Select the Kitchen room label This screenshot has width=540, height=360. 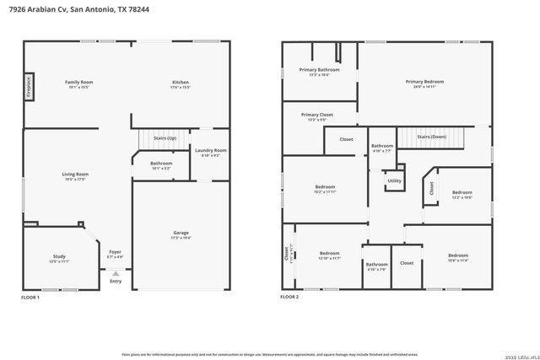coord(181,82)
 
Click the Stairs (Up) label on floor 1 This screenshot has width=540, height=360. coord(165,137)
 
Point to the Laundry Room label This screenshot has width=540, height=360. coord(210,151)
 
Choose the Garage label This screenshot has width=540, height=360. coord(181,235)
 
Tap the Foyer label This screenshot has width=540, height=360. coord(115,252)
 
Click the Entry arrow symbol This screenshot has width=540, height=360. coord(116,273)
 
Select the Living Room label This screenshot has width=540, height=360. coord(75,175)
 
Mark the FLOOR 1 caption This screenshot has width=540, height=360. coord(31,298)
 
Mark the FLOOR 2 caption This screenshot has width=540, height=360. coord(290,298)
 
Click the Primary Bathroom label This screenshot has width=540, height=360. coord(324,70)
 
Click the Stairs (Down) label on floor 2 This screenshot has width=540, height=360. coord(431,136)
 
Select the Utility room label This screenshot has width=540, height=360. coord(394,180)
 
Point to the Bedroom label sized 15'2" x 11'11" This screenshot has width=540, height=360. coord(325,187)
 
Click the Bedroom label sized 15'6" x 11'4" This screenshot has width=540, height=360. coord(457,255)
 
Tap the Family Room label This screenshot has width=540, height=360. coord(79,82)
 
